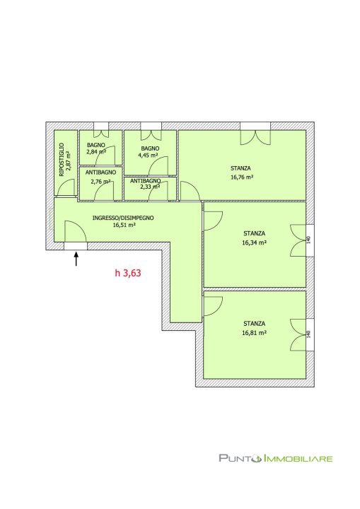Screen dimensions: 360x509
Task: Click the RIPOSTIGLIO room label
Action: coord(62,160)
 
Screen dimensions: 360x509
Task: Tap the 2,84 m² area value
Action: coord(96,151)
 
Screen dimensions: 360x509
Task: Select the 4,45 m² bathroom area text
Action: coord(148,155)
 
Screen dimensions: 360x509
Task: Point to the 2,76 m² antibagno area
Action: coord(100,182)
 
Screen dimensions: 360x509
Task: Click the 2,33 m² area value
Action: coord(150,187)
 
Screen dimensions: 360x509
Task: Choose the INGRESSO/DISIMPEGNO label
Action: coord(123,218)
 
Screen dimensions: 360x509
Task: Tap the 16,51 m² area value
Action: coord(124,225)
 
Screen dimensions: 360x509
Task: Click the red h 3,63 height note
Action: coord(128,273)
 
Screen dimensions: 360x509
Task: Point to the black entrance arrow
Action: coord(76,259)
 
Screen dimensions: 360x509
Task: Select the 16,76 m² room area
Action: coord(241,177)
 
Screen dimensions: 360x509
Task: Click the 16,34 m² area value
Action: coord(255,242)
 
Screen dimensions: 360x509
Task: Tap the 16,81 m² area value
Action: coord(255,332)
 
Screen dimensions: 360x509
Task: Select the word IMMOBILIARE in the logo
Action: coord(297,458)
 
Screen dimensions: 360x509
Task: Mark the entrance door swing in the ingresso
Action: coord(75,231)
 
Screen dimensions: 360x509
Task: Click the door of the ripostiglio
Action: coord(66,187)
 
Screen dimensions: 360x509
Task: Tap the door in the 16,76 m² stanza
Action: coord(190,191)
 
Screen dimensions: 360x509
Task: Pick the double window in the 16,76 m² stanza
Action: coord(255,137)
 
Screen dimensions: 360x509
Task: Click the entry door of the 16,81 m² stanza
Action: coord(212,306)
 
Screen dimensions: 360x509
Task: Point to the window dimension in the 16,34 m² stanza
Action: coord(309,240)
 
